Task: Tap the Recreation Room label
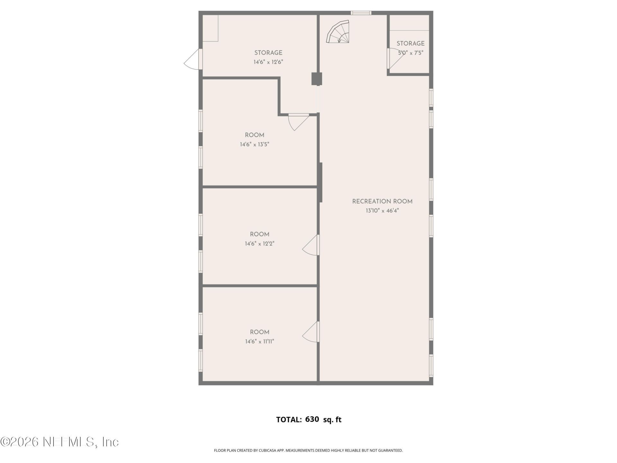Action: point(382,202)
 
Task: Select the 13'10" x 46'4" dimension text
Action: point(382,211)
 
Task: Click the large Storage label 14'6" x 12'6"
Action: point(268,53)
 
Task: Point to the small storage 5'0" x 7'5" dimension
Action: point(411,53)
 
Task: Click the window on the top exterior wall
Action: point(361,13)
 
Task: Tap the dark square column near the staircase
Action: point(317,79)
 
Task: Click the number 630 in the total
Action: point(312,419)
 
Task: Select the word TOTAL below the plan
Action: point(289,420)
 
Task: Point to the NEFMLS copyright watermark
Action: point(60,442)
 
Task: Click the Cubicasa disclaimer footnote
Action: point(308,450)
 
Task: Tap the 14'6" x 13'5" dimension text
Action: point(255,145)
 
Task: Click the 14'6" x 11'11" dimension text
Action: point(260,341)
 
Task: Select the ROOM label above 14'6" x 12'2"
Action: point(260,234)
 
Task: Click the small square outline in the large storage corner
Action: point(210,28)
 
